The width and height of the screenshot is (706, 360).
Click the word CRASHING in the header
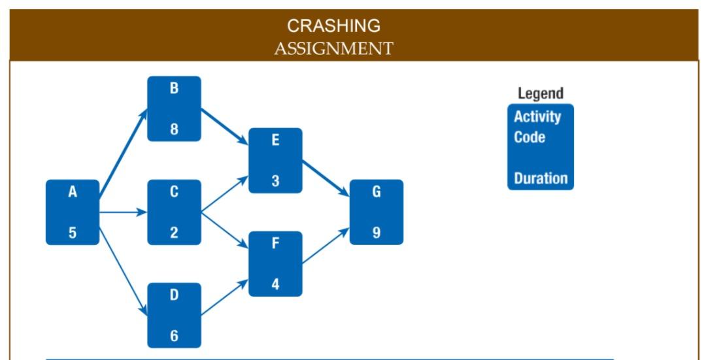(333, 25)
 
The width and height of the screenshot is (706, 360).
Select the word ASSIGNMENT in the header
(333, 48)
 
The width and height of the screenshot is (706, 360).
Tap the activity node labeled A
(73, 212)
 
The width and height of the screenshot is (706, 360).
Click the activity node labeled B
(174, 108)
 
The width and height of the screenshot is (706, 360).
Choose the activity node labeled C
(174, 212)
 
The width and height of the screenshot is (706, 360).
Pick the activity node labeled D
(174, 315)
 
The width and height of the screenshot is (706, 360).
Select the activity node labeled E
(275, 160)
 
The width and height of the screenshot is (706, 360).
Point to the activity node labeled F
(275, 263)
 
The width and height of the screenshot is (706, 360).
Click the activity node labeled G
(377, 212)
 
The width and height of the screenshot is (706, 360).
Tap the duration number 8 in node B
(174, 129)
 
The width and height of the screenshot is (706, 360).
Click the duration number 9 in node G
(377, 233)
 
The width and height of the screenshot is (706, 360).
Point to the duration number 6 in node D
(174, 336)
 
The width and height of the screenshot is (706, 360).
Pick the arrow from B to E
(224, 126)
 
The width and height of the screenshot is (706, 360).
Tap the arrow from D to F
(224, 298)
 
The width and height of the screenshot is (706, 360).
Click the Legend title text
(540, 93)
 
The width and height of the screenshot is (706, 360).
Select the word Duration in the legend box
(541, 179)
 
